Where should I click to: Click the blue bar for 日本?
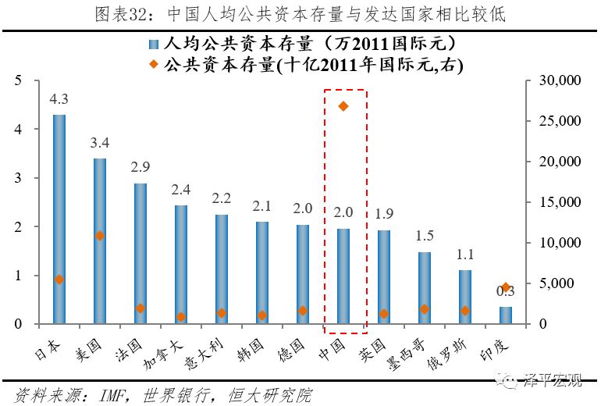pos(59,219)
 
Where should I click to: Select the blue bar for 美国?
pos(99,241)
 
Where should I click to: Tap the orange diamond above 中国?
pos(343,105)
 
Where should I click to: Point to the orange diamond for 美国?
pos(99,235)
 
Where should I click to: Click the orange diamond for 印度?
pos(506,287)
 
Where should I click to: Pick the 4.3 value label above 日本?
pos(59,100)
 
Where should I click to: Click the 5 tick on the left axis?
pos(17,80)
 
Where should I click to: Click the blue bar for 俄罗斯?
pos(465,297)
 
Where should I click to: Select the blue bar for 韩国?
pos(261,272)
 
